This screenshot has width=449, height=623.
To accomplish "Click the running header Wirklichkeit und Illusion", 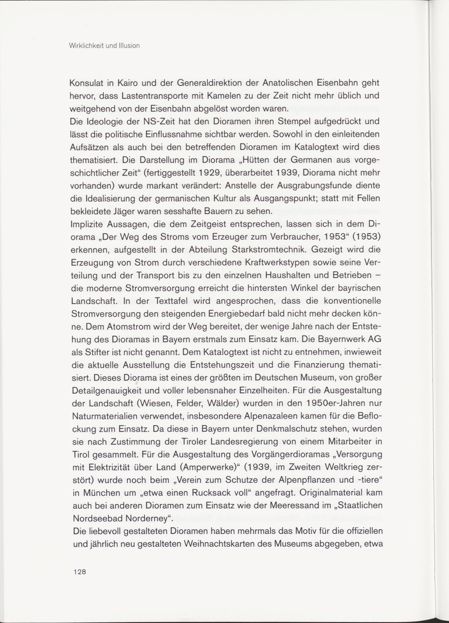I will [x=105, y=46].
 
